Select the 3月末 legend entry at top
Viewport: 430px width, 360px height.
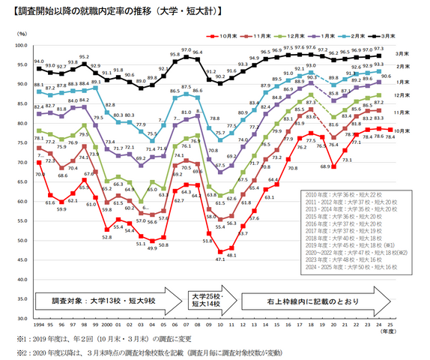387,34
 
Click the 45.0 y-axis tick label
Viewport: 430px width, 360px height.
21,259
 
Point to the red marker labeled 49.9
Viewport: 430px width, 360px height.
152,241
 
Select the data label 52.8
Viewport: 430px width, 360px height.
107,236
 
